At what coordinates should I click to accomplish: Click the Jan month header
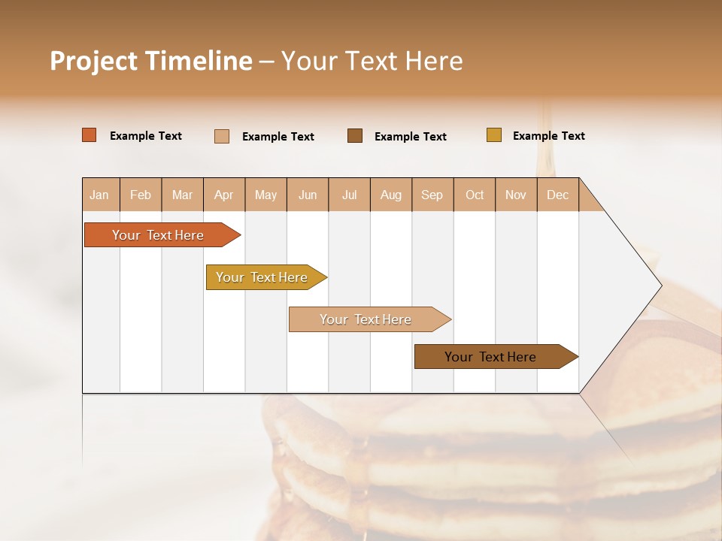click(x=100, y=195)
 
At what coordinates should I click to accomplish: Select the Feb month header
click(x=141, y=195)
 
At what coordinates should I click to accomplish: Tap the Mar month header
click(x=182, y=195)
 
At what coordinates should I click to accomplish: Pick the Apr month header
click(x=224, y=195)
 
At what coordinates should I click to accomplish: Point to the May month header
click(x=265, y=195)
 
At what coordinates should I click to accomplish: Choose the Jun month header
click(x=308, y=195)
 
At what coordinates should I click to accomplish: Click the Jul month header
click(x=349, y=195)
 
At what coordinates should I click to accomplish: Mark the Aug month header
click(x=391, y=195)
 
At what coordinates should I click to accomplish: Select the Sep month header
click(x=432, y=195)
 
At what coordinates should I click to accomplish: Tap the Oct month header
click(x=475, y=195)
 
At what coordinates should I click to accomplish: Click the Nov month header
click(x=516, y=195)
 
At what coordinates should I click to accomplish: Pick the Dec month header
click(x=558, y=195)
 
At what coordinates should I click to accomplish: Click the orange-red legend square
click(x=89, y=135)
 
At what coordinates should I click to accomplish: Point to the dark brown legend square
click(x=355, y=135)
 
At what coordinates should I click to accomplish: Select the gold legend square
click(x=493, y=135)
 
